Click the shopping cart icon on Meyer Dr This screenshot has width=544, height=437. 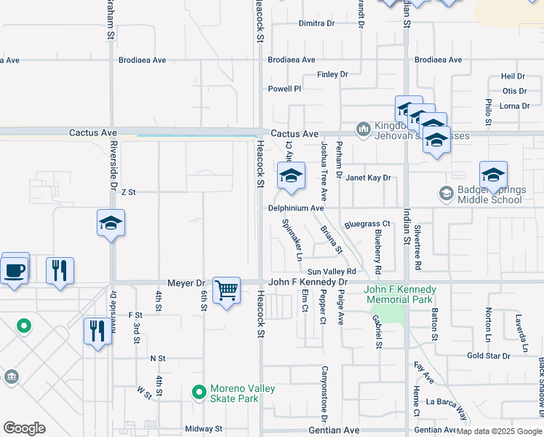point(227,290)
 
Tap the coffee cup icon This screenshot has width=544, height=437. point(15,269)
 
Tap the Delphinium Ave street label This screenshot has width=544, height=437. point(295,208)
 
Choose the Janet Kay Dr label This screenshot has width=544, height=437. point(368,178)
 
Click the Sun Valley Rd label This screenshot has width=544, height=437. point(331,271)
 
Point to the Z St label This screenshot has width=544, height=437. point(129,192)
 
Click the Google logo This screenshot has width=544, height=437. point(24,428)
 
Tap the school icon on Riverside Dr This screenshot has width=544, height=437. point(111,223)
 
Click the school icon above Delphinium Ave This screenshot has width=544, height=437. point(291,176)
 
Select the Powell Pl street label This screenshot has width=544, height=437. point(284,89)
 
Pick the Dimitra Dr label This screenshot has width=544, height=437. point(316,23)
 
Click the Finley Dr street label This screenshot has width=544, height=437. point(333,74)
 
